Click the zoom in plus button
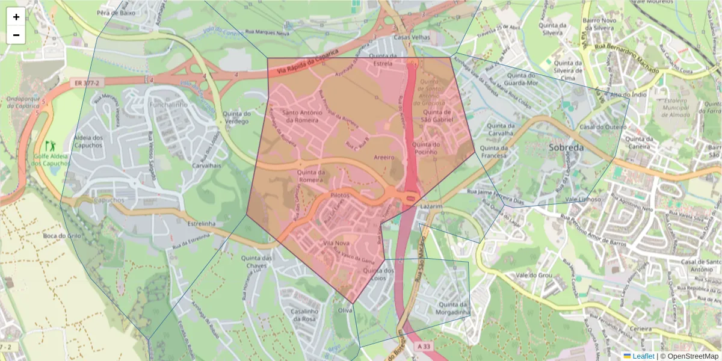click(x=16, y=17)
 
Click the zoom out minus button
click(x=16, y=35)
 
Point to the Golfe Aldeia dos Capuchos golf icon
click(x=49, y=146)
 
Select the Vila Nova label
click(x=336, y=244)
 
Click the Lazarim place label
click(x=431, y=206)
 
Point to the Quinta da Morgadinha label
click(x=454, y=308)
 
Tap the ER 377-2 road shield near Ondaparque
click(x=83, y=82)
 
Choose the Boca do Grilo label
click(x=58, y=236)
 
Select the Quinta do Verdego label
click(x=236, y=117)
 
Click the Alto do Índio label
click(x=628, y=95)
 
